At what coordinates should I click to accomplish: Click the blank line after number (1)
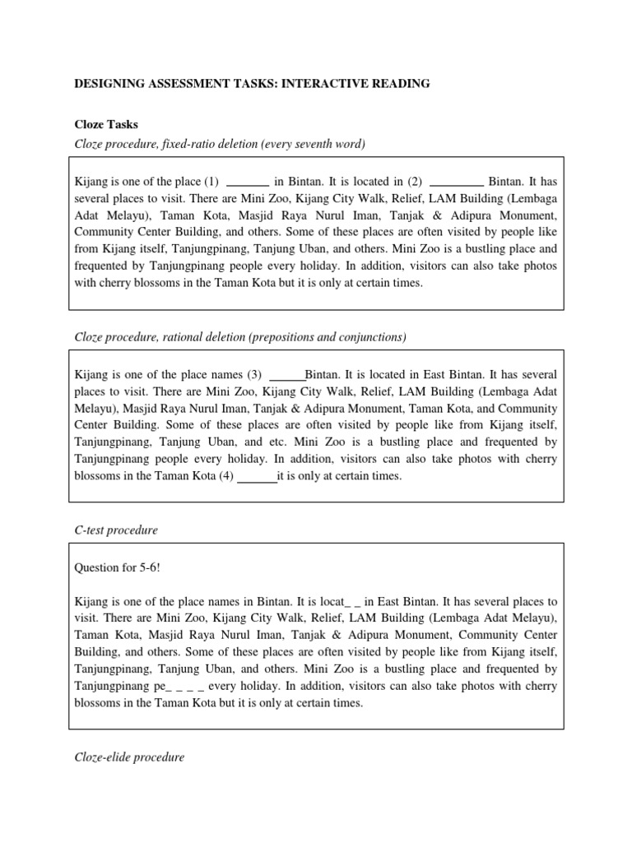click(248, 182)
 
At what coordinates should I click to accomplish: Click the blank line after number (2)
click(457, 182)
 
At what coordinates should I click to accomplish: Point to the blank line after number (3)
click(287, 374)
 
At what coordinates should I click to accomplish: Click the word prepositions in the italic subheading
click(272, 336)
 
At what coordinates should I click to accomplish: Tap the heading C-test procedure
click(116, 530)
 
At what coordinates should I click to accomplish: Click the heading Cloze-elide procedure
click(130, 756)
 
